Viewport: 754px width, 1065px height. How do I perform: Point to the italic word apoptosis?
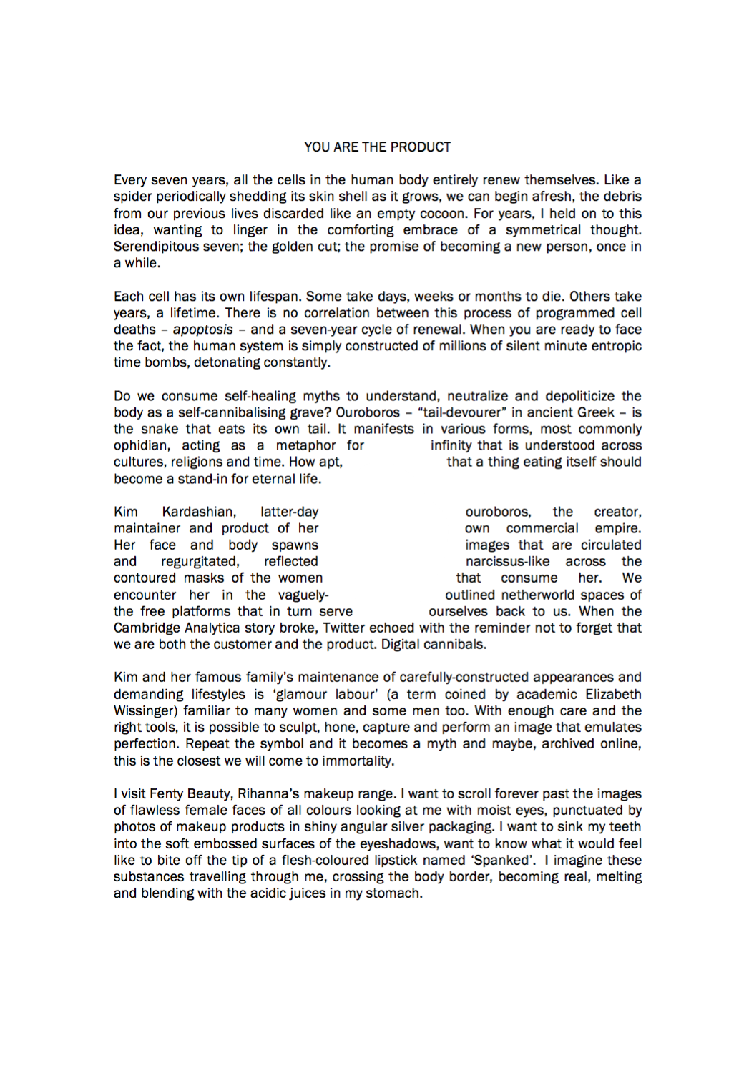[202, 330]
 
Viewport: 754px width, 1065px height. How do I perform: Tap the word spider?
[133, 197]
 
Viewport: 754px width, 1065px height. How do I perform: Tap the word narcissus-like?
[507, 562]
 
